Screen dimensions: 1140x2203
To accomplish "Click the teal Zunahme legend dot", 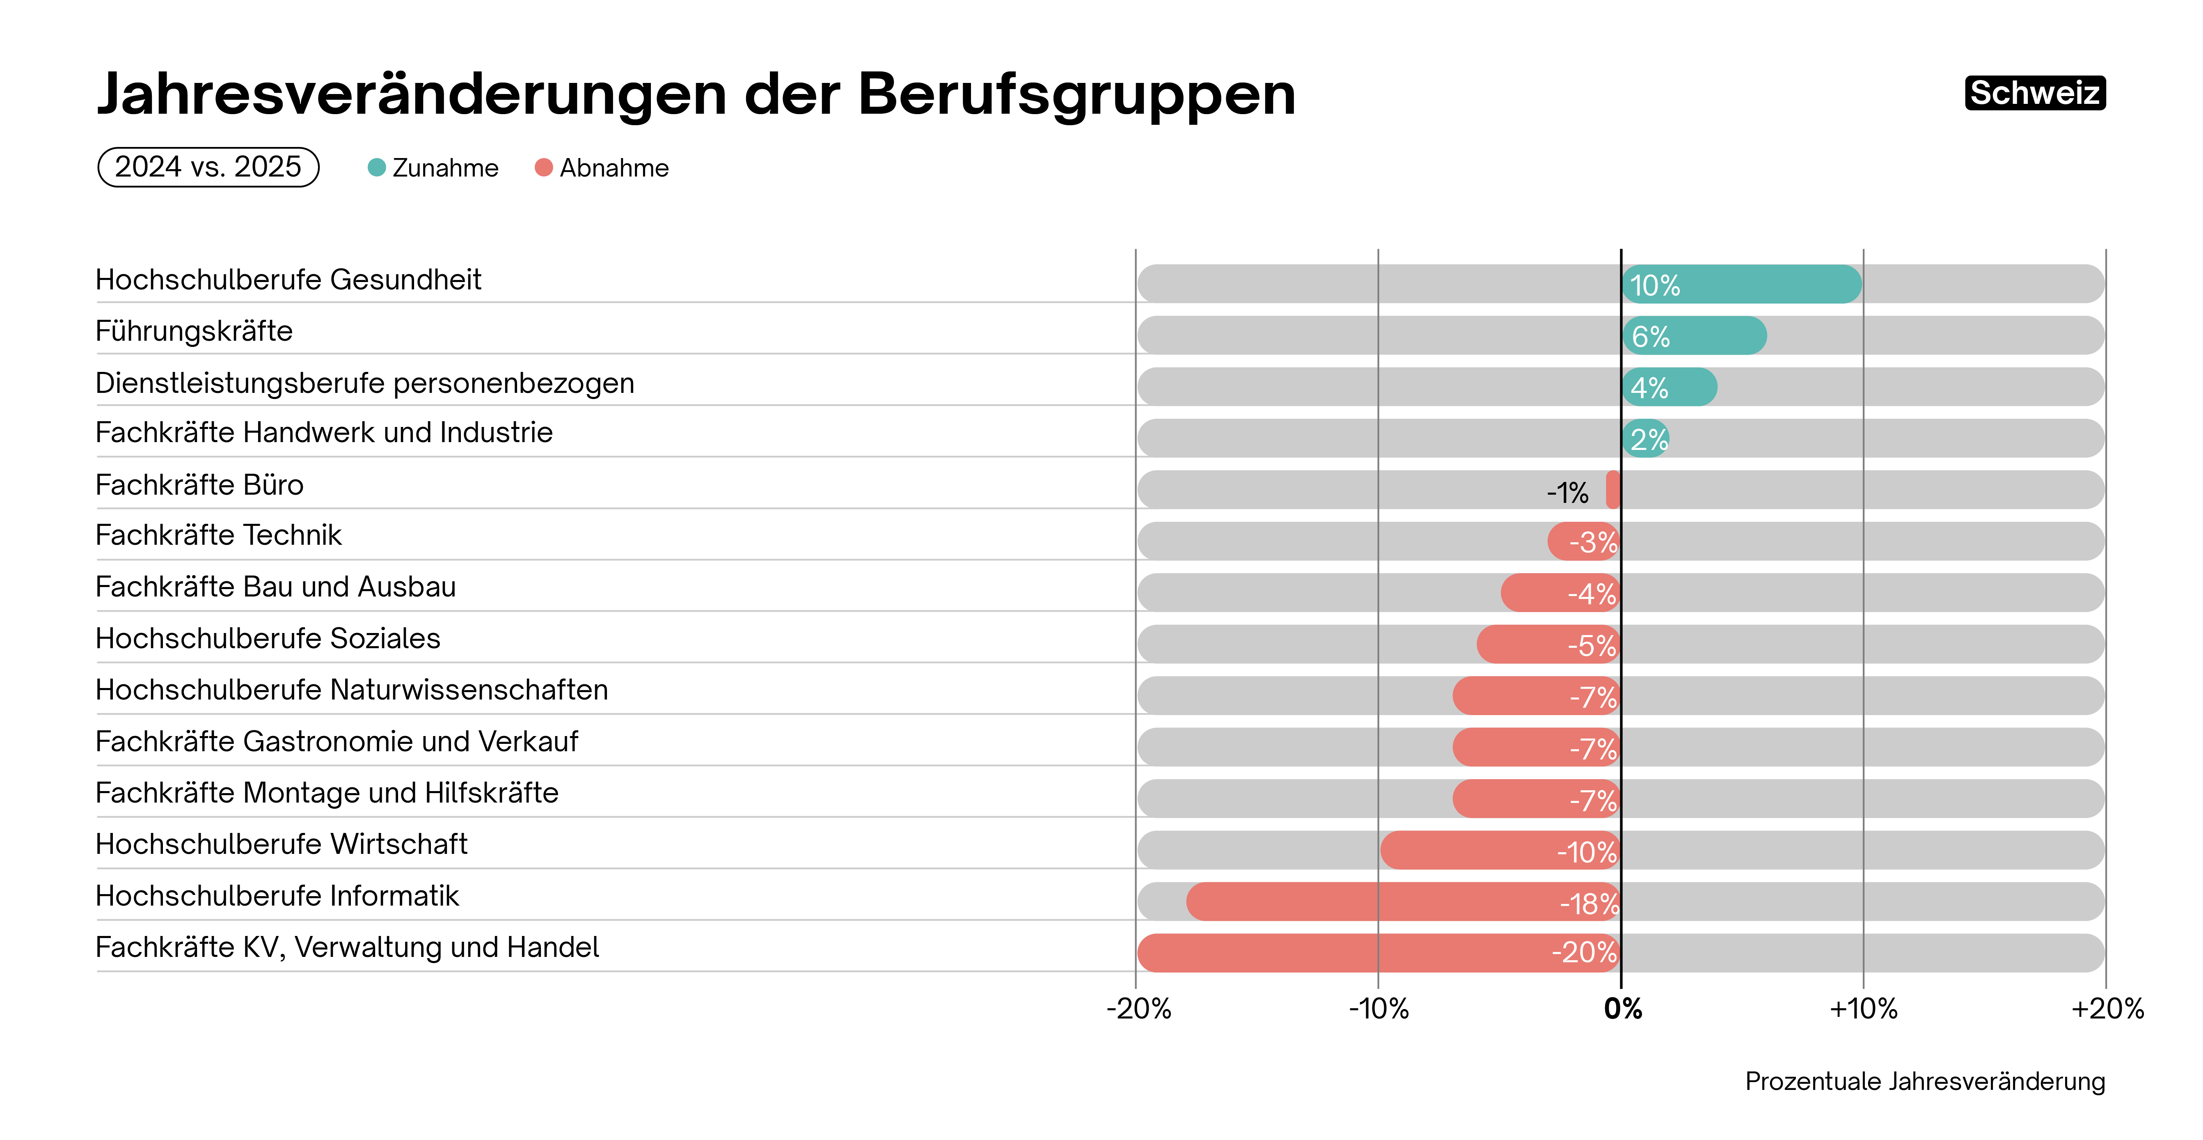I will coord(376,167).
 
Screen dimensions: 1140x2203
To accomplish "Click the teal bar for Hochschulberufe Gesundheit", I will coord(1741,284).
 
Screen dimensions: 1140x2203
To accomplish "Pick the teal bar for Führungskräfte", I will coord(1693,335).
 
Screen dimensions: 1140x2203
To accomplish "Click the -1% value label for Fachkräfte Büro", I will coord(1567,493).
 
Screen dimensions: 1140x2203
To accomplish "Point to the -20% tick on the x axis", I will coord(1138,1009).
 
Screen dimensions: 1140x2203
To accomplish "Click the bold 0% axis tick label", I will coord(1622,1009).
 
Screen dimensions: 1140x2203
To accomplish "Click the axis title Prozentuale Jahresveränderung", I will coord(1924,1081).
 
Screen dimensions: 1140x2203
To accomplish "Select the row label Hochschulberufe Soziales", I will coord(268,639).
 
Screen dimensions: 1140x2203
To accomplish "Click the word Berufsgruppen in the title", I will coord(1076,94).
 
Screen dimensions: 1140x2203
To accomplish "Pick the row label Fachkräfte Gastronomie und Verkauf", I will coord(336,741).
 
